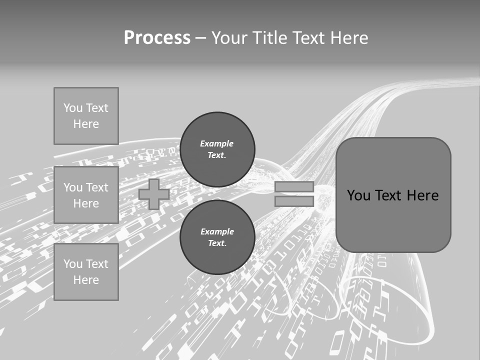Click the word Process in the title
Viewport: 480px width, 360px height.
tap(157, 38)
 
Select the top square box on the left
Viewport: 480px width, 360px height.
tap(86, 116)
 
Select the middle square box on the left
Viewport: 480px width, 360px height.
tap(86, 195)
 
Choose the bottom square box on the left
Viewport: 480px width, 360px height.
tap(86, 272)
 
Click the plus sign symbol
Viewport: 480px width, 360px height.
tap(154, 194)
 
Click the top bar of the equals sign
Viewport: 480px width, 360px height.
tap(294, 187)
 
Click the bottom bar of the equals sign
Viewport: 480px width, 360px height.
tap(294, 201)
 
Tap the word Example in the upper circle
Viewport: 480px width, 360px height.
tap(217, 143)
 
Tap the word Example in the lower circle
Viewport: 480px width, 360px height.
tap(217, 231)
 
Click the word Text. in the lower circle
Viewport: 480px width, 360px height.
tap(217, 243)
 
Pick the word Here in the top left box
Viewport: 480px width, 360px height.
tap(86, 124)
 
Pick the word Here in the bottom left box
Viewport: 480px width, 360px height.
tap(86, 280)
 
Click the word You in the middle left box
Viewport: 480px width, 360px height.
tap(73, 187)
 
